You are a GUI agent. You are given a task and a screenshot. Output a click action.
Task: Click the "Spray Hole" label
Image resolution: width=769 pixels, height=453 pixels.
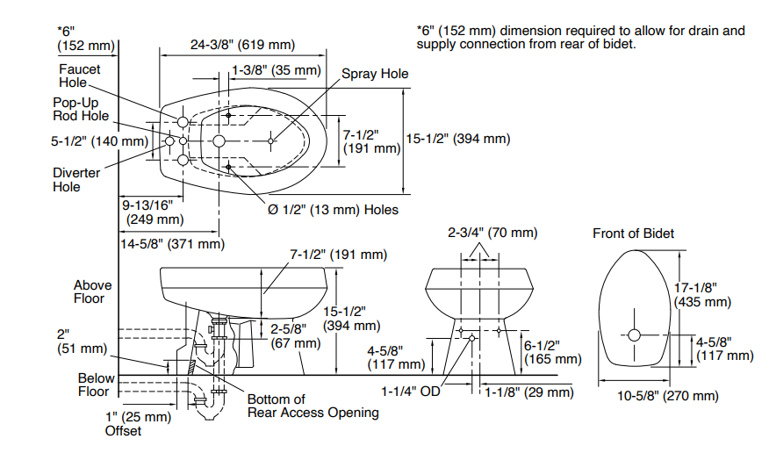pos(375,74)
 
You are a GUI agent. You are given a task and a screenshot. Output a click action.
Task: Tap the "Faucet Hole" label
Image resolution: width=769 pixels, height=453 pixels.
pos(80,75)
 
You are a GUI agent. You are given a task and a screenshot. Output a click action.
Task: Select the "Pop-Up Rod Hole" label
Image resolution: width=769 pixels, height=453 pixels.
pos(79,109)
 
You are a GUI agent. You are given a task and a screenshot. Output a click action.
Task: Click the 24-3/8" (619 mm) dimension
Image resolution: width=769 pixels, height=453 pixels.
pos(242,45)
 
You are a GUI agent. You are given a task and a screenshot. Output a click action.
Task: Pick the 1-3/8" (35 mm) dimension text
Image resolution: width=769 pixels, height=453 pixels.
pos(276,69)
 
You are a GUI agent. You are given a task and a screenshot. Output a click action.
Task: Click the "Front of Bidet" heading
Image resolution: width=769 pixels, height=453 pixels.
pos(634,233)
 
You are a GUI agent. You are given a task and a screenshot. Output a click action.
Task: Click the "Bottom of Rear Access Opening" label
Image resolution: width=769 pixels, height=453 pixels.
pos(313,406)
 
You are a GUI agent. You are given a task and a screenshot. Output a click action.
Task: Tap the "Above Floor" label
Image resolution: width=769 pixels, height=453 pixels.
pos(93,291)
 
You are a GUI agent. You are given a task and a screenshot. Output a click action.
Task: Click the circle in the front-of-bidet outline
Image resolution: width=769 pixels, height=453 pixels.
pos(635,334)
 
